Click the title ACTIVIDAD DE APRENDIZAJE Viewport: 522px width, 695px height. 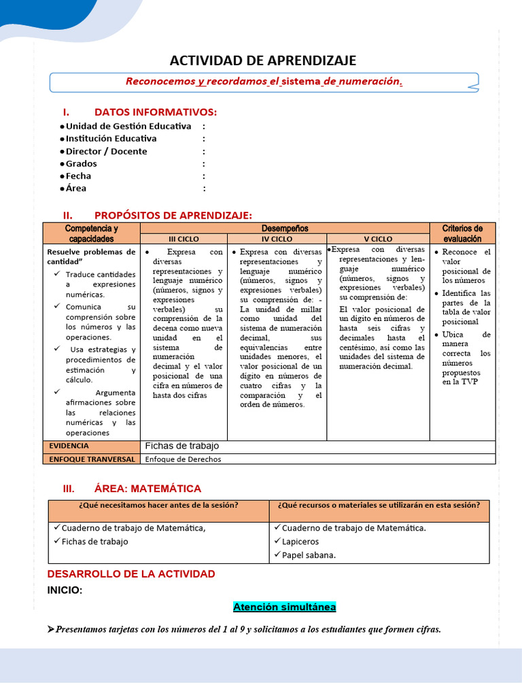pos(262,60)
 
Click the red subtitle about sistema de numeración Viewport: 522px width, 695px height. pos(264,81)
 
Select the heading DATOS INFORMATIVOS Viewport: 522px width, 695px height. pos(155,112)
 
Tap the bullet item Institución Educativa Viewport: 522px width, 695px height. pos(111,138)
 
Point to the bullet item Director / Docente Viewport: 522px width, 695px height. pos(106,151)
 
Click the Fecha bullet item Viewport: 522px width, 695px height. pos(78,176)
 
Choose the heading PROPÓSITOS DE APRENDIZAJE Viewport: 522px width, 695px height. pos(173,215)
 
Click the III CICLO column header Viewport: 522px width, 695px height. pos(184,239)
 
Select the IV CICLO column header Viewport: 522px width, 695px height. pos(277,239)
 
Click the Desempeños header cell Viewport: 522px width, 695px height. pos(285,229)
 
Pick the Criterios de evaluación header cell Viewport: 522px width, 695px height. pos(462,233)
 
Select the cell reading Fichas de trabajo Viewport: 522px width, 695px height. pos(182,446)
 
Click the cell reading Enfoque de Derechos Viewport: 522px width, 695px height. pos(184,459)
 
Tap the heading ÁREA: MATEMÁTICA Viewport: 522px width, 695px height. pos(147,489)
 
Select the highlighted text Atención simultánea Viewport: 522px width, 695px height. pos(284,607)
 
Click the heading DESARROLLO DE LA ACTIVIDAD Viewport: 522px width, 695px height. pos(131,574)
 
